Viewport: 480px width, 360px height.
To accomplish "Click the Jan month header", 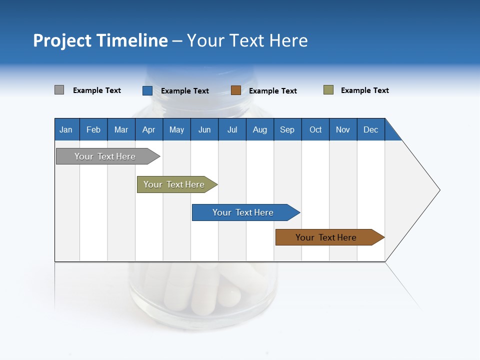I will pos(66,130).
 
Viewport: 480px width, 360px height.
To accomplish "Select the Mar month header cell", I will pos(121,130).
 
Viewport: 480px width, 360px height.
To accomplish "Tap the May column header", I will pos(176,130).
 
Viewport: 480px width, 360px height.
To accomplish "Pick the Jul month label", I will pos(232,130).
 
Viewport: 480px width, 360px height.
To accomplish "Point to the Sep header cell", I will pos(287,130).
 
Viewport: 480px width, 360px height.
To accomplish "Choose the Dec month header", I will pos(370,130).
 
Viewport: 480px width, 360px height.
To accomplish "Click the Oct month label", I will pos(315,130).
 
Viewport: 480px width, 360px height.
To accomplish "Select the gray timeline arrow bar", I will pos(105,156).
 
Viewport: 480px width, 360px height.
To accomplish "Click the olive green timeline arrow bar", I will pos(174,184).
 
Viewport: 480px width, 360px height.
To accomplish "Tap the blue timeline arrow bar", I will pos(243,212).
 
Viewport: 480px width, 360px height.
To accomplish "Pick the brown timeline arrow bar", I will pos(326,237).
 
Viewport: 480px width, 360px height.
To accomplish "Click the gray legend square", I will pos(59,90).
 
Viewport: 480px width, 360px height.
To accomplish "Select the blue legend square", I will pos(147,90).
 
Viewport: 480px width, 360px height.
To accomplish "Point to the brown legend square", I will pos(235,90).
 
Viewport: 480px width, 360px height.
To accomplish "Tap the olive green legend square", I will pos(328,90).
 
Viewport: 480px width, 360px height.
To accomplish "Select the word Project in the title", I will pos(62,40).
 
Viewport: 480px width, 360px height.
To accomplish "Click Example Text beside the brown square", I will pos(272,91).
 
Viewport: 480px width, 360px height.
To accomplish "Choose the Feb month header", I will pos(93,130).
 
